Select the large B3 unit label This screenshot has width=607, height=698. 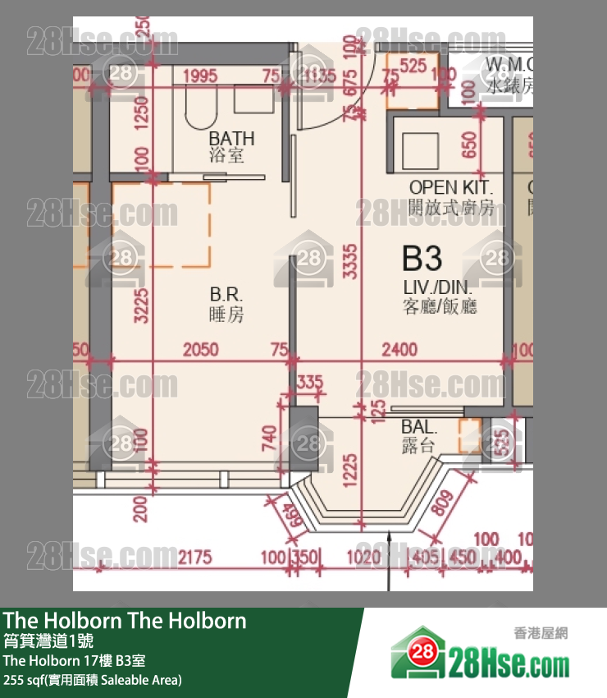point(422,259)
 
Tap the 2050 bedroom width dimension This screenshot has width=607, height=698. point(200,350)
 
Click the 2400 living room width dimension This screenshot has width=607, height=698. point(399,350)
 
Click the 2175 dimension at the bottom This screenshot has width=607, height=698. point(194,558)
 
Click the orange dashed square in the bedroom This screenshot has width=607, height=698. point(161,225)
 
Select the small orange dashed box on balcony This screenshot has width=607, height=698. point(469,435)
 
